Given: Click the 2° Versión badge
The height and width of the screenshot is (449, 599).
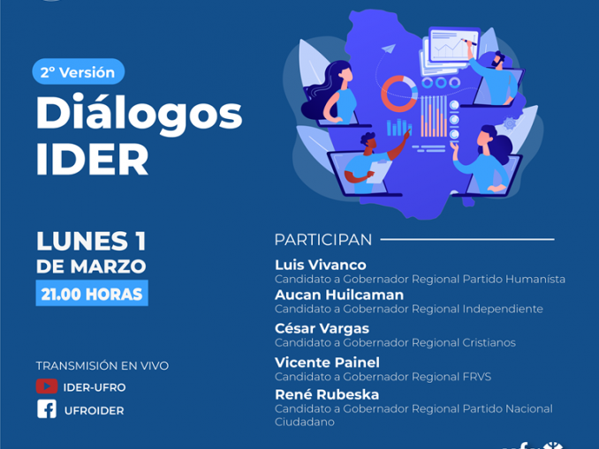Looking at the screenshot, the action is [79, 71].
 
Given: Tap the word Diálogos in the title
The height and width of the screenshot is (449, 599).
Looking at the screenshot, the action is [139, 114].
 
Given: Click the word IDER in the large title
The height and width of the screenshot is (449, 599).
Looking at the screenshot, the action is [92, 159].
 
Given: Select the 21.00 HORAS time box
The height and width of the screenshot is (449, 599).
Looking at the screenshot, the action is [92, 294].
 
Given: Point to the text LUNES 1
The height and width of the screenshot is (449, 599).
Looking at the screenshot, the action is [91, 241].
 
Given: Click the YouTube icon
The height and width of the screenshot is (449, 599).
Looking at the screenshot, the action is [47, 386].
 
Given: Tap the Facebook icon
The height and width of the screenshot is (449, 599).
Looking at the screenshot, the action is [47, 409].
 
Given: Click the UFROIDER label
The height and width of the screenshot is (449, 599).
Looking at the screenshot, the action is [94, 410].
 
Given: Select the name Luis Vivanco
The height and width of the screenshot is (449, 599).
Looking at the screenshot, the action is [321, 265].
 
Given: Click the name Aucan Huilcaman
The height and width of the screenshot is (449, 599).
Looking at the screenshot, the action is [339, 295].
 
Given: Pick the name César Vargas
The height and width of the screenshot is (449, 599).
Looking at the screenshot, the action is [322, 328].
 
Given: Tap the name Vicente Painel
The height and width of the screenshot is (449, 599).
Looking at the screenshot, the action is [328, 363].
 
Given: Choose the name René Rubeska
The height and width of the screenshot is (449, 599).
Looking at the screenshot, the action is [327, 394].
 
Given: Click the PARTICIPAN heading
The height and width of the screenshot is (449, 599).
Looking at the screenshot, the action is [323, 240].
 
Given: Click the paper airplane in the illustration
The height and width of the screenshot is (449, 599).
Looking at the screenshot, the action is [388, 49].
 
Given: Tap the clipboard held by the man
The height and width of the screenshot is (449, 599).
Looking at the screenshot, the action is [379, 171].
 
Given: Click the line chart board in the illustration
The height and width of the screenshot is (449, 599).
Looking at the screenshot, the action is [455, 45].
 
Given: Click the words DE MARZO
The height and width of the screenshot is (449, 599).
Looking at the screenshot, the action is [91, 266].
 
